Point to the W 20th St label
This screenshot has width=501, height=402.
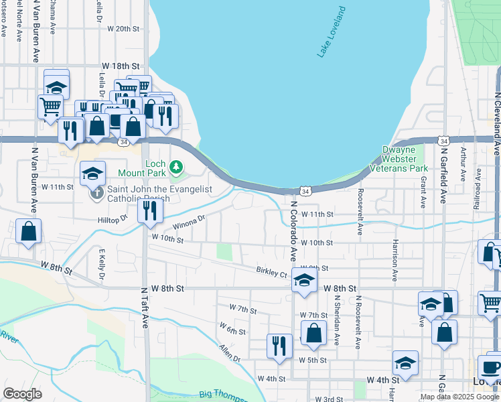pyautogui.click(x=122, y=29)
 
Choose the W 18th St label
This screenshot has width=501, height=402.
pyautogui.click(x=121, y=66)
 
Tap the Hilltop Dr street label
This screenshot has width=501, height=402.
pyautogui.click(x=115, y=218)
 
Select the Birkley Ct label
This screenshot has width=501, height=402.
pyautogui.click(x=271, y=273)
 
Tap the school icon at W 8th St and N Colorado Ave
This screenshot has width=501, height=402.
pyautogui.click(x=303, y=281)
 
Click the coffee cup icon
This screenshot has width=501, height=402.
pyautogui.click(x=491, y=366)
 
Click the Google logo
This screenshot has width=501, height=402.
pyautogui.click(x=22, y=394)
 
